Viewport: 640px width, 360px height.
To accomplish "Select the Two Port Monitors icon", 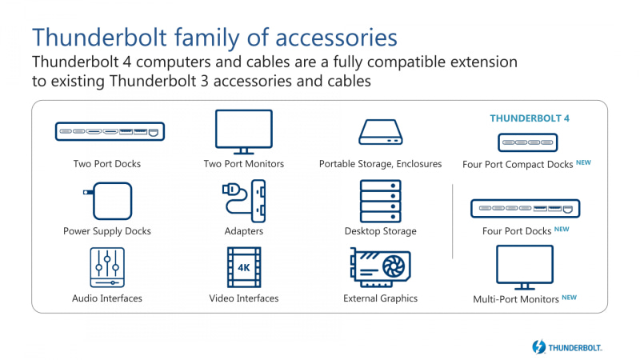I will pyautogui.click(x=244, y=131).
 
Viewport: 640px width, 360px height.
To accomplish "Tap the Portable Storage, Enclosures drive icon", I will pyautogui.click(x=380, y=131).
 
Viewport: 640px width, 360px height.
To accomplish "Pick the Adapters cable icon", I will pyautogui.click(x=243, y=200).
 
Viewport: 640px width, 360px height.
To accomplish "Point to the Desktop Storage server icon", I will pyautogui.click(x=380, y=200).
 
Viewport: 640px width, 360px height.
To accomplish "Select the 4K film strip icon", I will pyautogui.click(x=244, y=268).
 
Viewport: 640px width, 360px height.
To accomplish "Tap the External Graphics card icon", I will pyautogui.click(x=381, y=268).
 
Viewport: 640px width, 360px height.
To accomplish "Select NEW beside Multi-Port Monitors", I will pyautogui.click(x=569, y=297).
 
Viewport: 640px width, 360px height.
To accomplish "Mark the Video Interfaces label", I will pyautogui.click(x=243, y=298).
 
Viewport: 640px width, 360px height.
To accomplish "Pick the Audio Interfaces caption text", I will pyautogui.click(x=106, y=298).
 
